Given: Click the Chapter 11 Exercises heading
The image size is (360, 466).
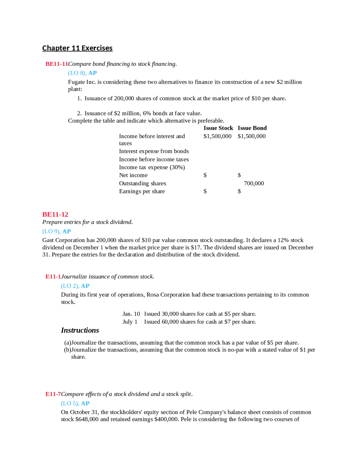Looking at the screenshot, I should [77, 48].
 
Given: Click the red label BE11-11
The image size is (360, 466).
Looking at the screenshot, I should [57, 64].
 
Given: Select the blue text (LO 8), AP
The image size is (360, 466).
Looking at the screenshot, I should [82, 73].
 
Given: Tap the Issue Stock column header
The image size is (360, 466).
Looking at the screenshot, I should [218, 128].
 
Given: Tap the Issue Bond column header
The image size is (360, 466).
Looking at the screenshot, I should [252, 128].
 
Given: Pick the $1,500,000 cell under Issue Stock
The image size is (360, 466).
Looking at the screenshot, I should [217, 136].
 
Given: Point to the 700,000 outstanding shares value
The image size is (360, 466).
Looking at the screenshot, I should [254, 183].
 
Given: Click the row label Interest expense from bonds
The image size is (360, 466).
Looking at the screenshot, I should [154, 151].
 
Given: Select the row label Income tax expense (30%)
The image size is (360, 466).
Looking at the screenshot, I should [152, 167].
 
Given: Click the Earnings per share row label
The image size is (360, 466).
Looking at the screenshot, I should [142, 191].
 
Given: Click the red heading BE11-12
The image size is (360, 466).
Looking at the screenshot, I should [55, 214].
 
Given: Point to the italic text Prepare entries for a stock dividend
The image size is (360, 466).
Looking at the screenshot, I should [87, 222].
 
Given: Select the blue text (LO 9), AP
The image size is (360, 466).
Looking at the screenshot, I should [56, 231].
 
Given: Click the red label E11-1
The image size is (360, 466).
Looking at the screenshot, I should [53, 277].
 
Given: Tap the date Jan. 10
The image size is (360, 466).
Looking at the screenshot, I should [131, 314].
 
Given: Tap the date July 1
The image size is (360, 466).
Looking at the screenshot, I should [130, 322].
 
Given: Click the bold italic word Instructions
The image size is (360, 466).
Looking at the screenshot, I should [80, 330].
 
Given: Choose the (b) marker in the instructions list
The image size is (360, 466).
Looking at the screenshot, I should [67, 350].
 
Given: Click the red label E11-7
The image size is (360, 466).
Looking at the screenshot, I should [53, 394].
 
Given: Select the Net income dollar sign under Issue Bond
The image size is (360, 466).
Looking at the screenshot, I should [239, 175].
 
